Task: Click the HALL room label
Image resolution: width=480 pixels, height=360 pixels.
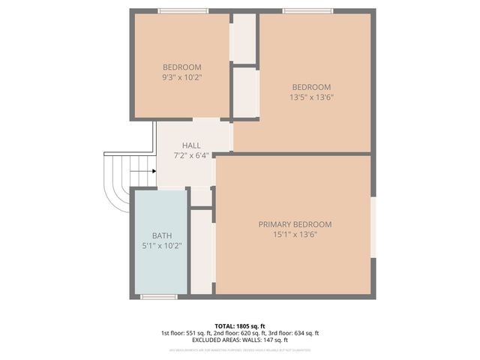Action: click(191, 145)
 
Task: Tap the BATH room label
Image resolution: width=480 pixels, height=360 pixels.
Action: click(162, 235)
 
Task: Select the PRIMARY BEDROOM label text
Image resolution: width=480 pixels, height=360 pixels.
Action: click(295, 224)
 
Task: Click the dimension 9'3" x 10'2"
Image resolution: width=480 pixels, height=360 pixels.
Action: click(182, 77)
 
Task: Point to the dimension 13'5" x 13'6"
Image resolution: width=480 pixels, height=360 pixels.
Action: click(310, 97)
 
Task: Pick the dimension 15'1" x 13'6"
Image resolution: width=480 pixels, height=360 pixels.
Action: click(295, 235)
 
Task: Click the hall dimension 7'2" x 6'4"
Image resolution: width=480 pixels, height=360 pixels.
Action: click(191, 155)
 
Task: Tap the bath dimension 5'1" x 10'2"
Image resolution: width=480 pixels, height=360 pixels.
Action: click(162, 245)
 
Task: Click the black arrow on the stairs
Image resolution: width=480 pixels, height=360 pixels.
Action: click(142, 171)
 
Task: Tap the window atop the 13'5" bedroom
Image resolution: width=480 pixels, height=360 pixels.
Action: click(307, 10)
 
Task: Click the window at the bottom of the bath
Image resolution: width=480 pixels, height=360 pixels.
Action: click(158, 297)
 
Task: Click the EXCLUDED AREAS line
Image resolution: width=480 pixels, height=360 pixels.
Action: click(239, 340)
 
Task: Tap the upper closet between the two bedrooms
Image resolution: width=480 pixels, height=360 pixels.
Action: click(244, 37)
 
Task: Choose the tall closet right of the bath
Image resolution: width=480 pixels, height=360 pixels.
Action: click(201, 251)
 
